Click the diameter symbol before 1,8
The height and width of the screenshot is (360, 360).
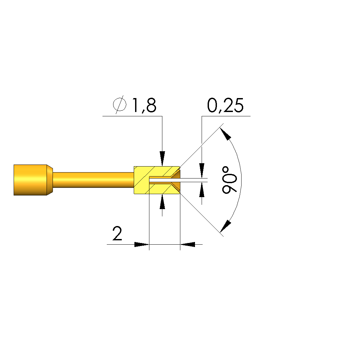pos(120,104)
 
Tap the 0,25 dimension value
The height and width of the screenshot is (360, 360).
pos(225,105)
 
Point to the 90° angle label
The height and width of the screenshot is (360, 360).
pos(229,180)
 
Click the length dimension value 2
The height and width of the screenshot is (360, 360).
pos(117,233)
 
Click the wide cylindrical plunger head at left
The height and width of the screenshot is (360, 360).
pos(30,180)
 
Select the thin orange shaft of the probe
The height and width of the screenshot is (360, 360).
pos(93,180)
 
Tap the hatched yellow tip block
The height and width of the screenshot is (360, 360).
pos(141,180)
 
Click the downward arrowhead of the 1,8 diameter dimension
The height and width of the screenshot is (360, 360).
pos(162,159)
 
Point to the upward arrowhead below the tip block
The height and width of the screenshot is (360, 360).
pos(162,201)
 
